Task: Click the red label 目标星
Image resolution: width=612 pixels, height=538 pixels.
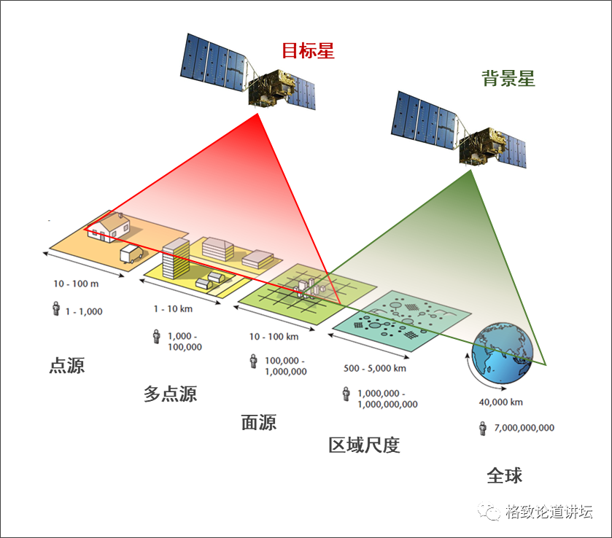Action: (308, 52)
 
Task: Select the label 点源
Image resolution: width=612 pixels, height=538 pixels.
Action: (67, 365)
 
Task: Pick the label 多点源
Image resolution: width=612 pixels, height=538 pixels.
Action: (170, 394)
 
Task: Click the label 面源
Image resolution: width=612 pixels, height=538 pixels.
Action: (259, 422)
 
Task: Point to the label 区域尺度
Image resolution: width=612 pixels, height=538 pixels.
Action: (364, 445)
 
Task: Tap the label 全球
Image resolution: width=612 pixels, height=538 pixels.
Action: (505, 476)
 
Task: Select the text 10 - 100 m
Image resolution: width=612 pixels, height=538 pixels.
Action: (76, 283)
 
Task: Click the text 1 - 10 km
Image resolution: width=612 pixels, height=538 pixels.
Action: (173, 308)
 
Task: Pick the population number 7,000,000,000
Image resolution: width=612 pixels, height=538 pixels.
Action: (524, 428)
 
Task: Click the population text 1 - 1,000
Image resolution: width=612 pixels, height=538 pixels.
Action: (84, 311)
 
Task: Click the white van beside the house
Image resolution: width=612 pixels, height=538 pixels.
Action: (132, 254)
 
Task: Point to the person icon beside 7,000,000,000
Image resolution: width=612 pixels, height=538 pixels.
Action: (482, 428)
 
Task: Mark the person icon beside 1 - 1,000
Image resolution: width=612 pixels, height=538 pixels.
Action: (55, 309)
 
